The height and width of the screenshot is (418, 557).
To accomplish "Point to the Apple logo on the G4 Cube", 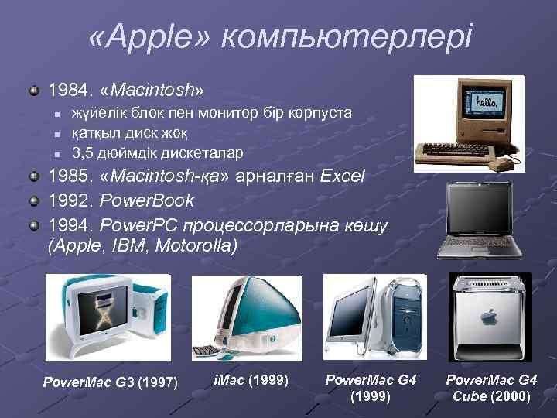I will pos(489,316).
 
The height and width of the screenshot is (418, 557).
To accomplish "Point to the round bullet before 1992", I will pos(34,201).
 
